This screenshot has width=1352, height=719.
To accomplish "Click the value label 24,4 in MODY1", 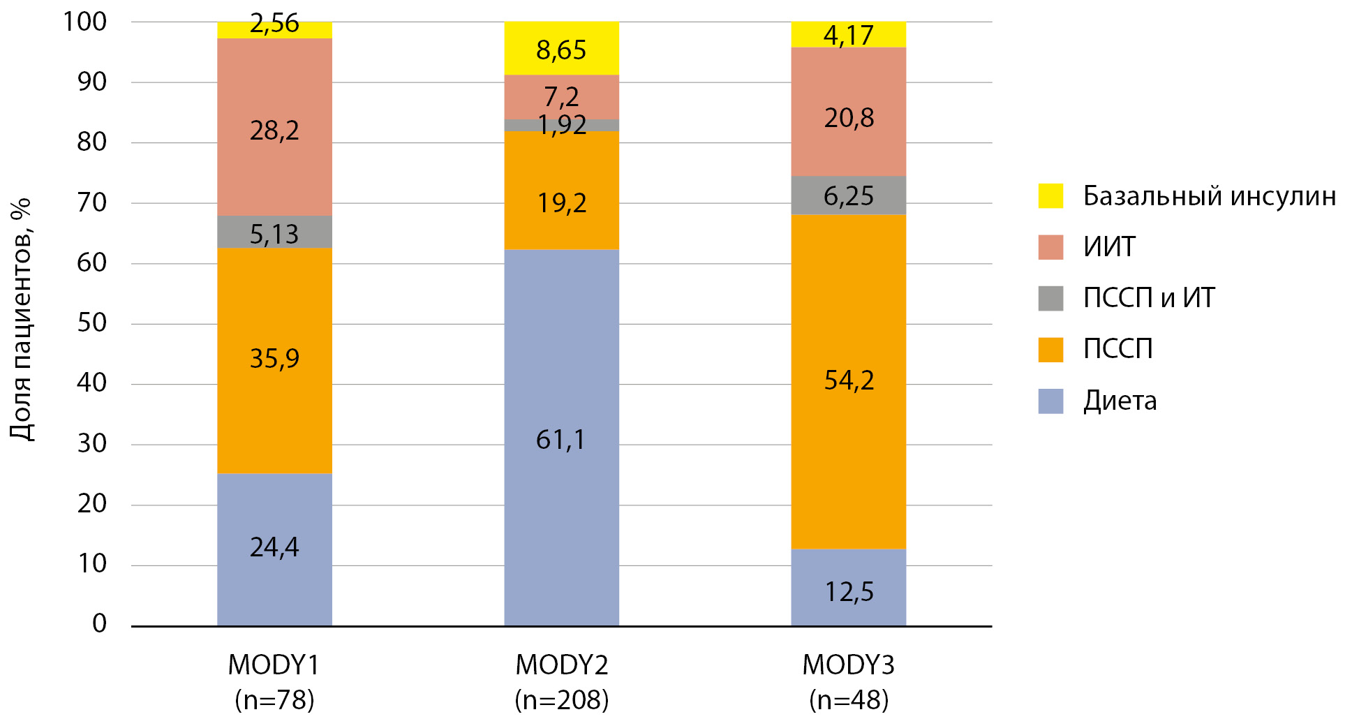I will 274,547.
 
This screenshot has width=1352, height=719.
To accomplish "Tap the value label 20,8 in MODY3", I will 849,118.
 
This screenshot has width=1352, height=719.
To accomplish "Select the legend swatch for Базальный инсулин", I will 1050,196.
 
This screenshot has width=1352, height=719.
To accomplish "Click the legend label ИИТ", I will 1109,247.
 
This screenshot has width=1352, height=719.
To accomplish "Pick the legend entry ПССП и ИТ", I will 1148,298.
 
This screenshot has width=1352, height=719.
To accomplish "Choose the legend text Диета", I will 1120,401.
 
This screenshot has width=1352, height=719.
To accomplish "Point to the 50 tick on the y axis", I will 92,323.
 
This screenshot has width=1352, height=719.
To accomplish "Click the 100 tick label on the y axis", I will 85,22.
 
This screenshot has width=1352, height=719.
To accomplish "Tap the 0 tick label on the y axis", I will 100,623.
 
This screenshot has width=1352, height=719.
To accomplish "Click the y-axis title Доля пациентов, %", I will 21,320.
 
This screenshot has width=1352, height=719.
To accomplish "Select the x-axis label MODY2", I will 561,665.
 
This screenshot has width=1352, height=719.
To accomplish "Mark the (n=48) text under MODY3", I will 849,699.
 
